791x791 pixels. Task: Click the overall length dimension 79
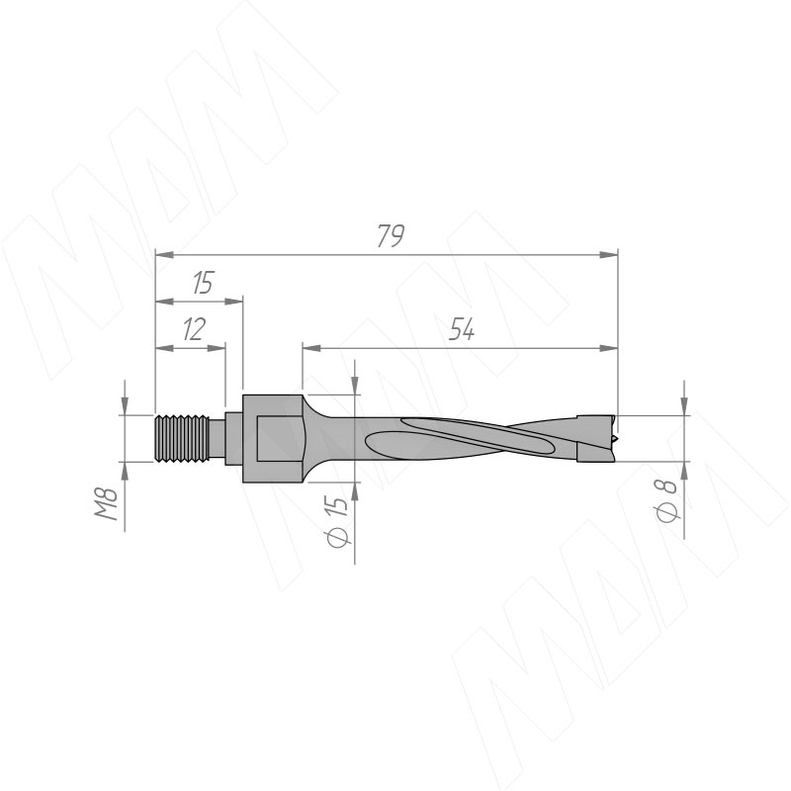391,235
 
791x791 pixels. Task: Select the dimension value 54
462,329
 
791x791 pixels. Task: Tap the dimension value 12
194,329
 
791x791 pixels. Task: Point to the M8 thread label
107,503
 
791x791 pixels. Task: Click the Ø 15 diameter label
337,522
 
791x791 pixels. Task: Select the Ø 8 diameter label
666,500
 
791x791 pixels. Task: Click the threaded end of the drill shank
182,438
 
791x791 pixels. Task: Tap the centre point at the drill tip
615,439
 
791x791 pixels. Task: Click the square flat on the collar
279,438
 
